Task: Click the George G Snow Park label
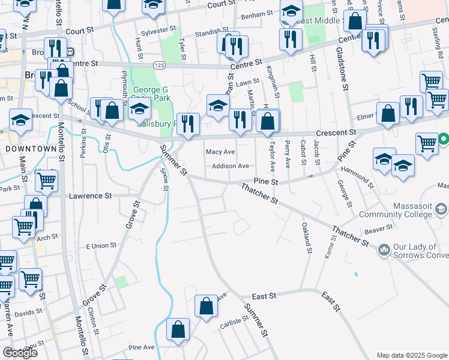click(151, 94)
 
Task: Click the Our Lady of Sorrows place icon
click(383, 248)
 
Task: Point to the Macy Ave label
click(220, 152)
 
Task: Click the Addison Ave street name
click(231, 166)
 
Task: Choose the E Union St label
click(101, 246)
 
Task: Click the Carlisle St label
click(234, 322)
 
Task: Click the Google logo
click(20, 353)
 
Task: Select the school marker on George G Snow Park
click(139, 109)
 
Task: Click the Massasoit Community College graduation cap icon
click(441, 209)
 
